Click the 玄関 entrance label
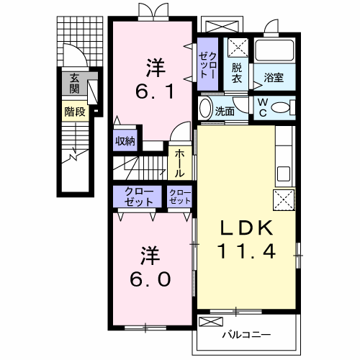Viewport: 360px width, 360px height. (x=75, y=84)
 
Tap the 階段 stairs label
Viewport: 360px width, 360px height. (x=75, y=112)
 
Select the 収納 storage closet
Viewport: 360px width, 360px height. (x=125, y=140)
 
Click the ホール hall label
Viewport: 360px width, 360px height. (x=179, y=163)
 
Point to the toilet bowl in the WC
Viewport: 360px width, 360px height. (x=280, y=107)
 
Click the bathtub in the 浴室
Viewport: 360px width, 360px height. (x=274, y=50)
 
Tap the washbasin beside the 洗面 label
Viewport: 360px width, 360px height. (x=206, y=108)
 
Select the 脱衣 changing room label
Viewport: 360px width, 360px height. (x=237, y=73)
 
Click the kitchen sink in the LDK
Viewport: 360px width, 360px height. (x=284, y=174)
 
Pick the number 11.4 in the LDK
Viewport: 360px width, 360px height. (x=246, y=251)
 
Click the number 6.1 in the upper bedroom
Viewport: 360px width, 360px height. (x=154, y=91)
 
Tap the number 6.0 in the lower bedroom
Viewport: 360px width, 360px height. (x=150, y=279)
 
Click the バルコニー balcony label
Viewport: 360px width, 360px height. (x=246, y=334)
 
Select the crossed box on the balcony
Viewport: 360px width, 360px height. (x=211, y=322)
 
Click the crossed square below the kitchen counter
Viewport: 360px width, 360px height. (x=284, y=200)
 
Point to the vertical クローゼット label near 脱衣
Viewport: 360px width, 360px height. (x=207, y=66)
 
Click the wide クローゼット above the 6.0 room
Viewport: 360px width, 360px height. (x=138, y=197)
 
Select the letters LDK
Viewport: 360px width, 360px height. (x=247, y=228)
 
